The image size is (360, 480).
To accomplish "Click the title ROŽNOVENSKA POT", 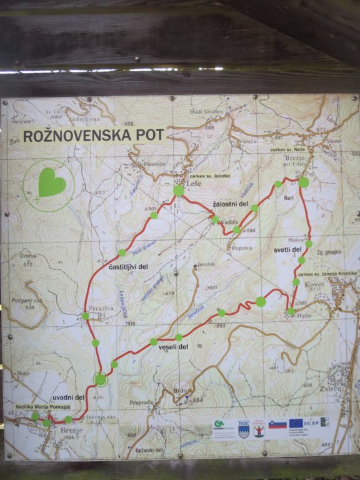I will [x=93, y=135].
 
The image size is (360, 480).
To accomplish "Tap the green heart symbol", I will [x=51, y=182].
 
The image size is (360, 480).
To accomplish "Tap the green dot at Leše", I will [x=179, y=190].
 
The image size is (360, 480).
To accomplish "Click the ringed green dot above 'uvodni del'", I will [x=100, y=379].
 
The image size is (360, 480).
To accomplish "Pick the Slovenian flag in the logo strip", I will [x=278, y=425].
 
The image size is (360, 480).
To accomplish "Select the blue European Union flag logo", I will [x=297, y=424].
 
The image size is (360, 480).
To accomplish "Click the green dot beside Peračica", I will [x=85, y=316].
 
